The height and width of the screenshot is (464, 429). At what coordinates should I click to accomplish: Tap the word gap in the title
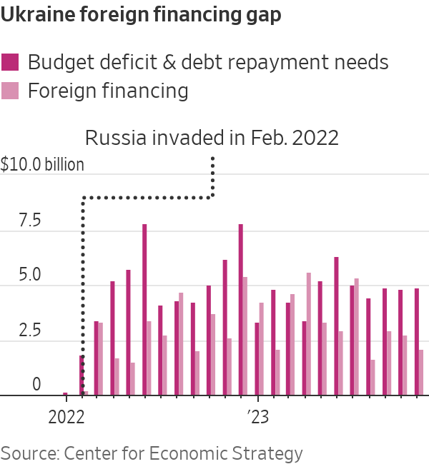[262, 15]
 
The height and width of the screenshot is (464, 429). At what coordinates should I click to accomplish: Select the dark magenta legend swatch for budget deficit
[11, 62]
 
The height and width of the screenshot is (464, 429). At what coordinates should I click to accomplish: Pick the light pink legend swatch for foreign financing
[11, 91]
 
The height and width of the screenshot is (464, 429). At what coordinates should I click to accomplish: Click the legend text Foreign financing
[108, 91]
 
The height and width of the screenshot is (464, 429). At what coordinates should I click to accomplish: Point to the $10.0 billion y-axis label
[42, 164]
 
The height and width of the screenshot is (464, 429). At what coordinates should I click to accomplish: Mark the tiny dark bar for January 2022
[65, 393]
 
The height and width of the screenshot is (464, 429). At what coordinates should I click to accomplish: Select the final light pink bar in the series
[421, 372]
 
